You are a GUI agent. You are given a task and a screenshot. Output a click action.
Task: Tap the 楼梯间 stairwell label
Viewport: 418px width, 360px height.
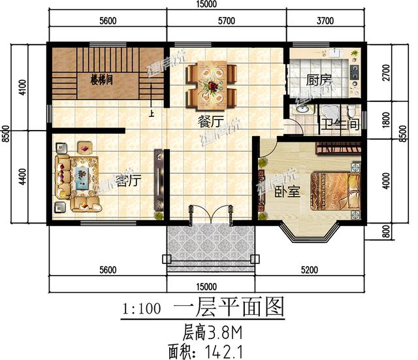tap(101, 80)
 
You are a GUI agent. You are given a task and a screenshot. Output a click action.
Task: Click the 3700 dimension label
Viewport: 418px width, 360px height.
tap(325, 21)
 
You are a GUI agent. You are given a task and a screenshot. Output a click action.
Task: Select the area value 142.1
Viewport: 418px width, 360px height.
tap(226, 351)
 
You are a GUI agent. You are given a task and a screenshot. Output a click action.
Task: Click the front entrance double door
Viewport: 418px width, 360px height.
tap(210, 215)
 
